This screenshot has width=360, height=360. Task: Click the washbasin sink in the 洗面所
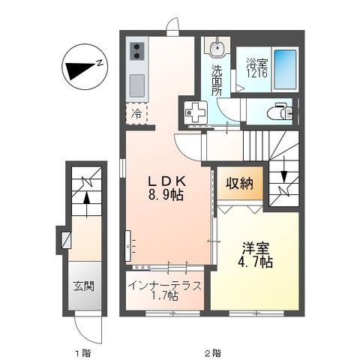coord(216,49)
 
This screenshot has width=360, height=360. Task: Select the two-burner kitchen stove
coord(138,52)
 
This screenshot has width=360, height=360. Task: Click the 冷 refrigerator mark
coord(136,115)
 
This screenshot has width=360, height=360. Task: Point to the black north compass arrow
coord(81,70)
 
